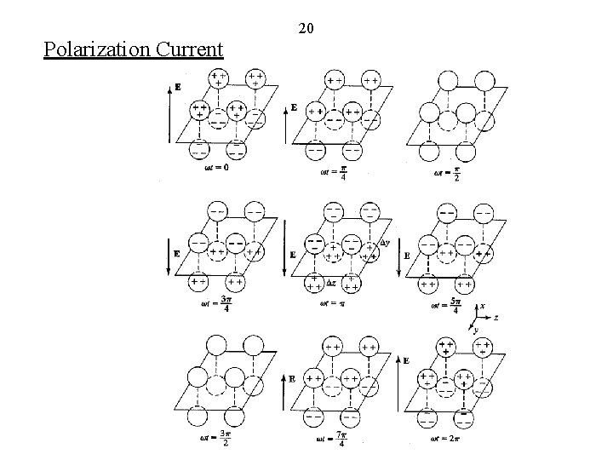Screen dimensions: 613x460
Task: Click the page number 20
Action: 306,29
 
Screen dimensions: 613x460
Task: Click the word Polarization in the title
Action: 97,49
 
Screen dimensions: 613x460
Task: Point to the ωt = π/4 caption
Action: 331,172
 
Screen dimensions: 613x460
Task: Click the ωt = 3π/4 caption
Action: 215,303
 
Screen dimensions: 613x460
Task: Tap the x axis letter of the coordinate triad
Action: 483,306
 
